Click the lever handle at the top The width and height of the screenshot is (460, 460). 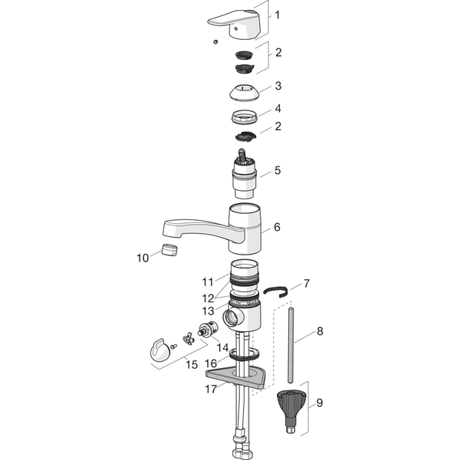235,25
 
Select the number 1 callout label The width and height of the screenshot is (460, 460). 277,15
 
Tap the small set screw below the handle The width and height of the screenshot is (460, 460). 215,42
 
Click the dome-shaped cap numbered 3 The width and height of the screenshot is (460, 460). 244,93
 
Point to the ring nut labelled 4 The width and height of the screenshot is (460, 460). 245,117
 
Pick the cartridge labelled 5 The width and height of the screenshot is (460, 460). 245,174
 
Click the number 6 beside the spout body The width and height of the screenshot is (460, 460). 277,227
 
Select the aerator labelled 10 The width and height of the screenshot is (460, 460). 169,250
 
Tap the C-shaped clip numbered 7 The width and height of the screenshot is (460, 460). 276,291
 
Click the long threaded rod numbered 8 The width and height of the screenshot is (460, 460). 291,345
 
